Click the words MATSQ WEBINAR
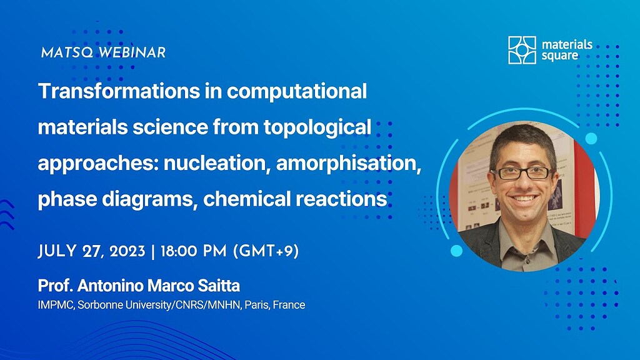[103, 52]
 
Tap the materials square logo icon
[522, 50]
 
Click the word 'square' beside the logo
[560, 56]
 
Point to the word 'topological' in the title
[324, 127]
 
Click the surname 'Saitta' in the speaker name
[217, 286]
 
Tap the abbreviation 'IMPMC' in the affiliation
[56, 306]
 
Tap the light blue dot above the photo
[591, 138]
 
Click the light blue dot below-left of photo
[456, 251]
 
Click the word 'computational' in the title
[296, 91]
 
